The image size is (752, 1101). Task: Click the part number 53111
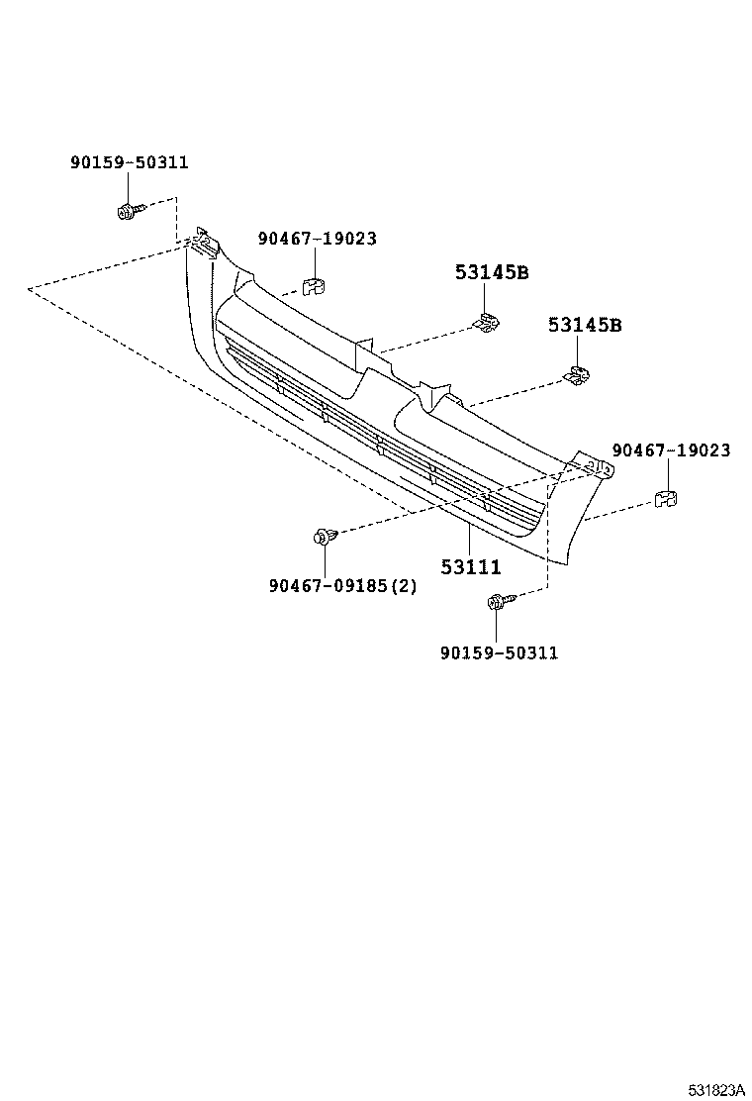pyautogui.click(x=470, y=567)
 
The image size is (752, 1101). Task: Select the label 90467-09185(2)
pyautogui.click(x=342, y=585)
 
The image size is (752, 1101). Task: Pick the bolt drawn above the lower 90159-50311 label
pyautogui.click(x=498, y=601)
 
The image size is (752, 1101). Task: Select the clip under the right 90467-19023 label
pyautogui.click(x=665, y=498)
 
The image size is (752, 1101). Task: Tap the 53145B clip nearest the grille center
pyautogui.click(x=488, y=323)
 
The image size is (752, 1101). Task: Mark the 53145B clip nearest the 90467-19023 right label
pyautogui.click(x=577, y=375)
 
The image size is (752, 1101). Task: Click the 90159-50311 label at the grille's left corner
pyautogui.click(x=129, y=163)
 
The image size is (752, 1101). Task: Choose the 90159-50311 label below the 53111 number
pyautogui.click(x=499, y=652)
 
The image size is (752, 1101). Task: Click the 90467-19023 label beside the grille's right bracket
pyautogui.click(x=671, y=450)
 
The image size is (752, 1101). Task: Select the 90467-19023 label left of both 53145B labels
pyautogui.click(x=317, y=239)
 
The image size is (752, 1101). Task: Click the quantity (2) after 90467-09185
pyautogui.click(x=405, y=585)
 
